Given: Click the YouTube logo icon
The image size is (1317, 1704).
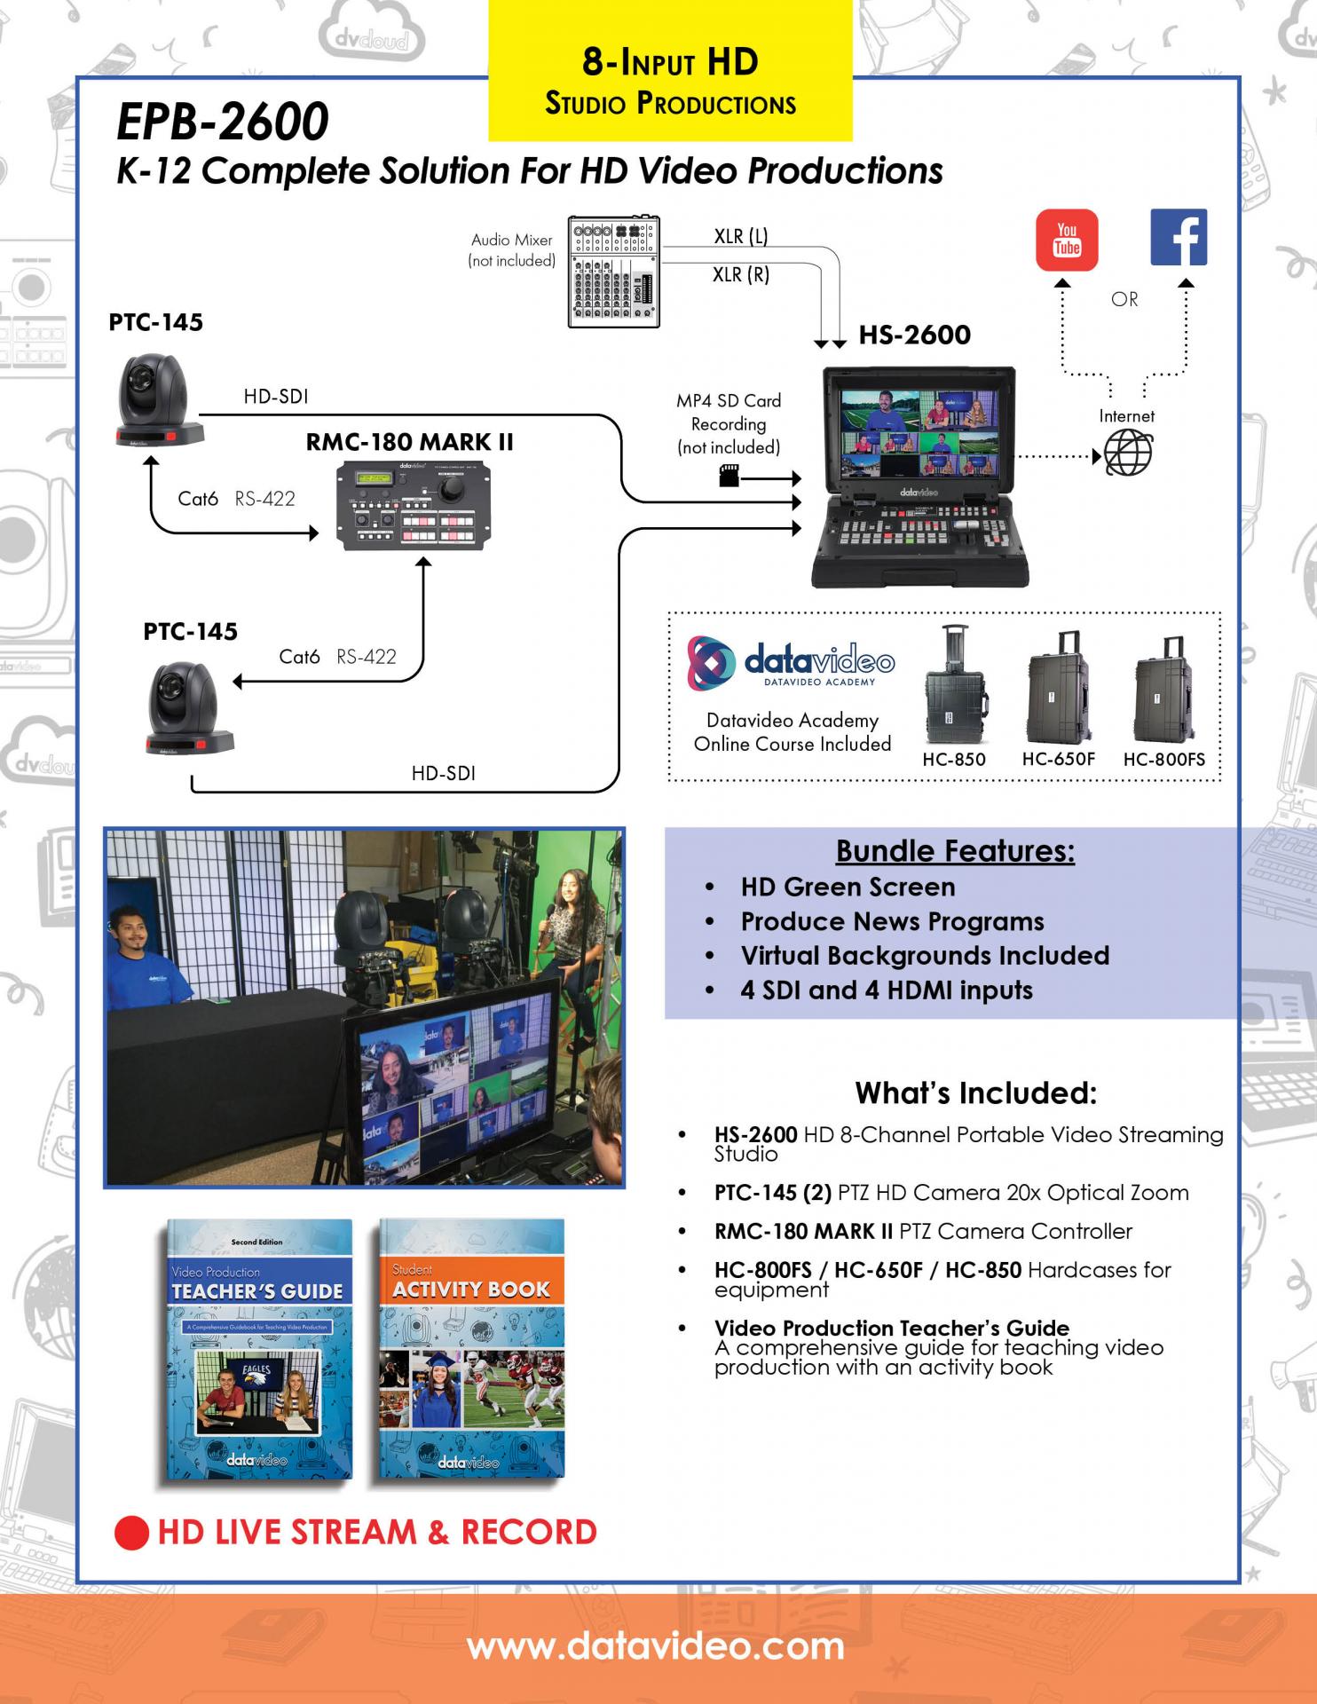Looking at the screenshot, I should [x=1067, y=240].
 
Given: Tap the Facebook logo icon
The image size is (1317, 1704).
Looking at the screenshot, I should [x=1179, y=238].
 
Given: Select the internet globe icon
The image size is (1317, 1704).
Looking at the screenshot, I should [x=1129, y=453].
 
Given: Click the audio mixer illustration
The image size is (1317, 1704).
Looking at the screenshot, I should [x=614, y=272].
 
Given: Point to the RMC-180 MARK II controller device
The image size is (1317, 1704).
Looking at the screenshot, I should [x=414, y=506].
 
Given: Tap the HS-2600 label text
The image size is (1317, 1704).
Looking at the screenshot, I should [x=915, y=335].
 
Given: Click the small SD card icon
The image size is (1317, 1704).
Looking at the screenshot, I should [x=729, y=476].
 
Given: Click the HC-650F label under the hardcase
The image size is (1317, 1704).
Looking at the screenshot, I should [x=1059, y=759].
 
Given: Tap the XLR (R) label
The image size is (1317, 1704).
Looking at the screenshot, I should [x=741, y=275].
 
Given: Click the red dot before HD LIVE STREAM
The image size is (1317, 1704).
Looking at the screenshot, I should [x=131, y=1533].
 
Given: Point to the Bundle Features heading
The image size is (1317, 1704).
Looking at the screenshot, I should [x=955, y=851].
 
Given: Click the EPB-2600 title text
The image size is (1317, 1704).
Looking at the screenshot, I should [x=223, y=122].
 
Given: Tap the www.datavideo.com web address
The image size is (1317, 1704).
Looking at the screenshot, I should [x=656, y=1647].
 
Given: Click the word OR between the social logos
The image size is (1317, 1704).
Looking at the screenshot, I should [x=1124, y=300].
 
